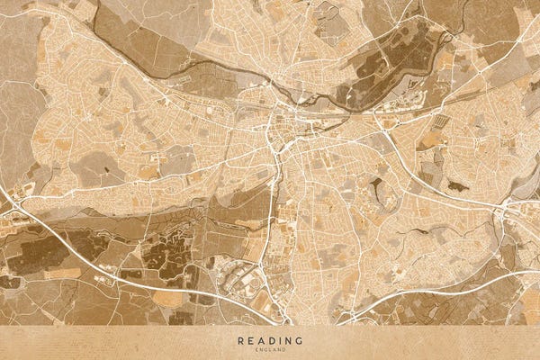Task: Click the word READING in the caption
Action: (x=270, y=340)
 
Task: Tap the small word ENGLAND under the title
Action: (x=270, y=349)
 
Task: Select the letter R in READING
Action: (x=240, y=340)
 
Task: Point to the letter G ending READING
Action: (x=300, y=340)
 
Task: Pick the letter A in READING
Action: (x=260, y=340)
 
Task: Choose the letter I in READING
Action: (x=280, y=340)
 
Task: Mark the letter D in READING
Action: (x=270, y=340)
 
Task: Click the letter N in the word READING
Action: (x=289, y=340)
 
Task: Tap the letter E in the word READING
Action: (x=250, y=340)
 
